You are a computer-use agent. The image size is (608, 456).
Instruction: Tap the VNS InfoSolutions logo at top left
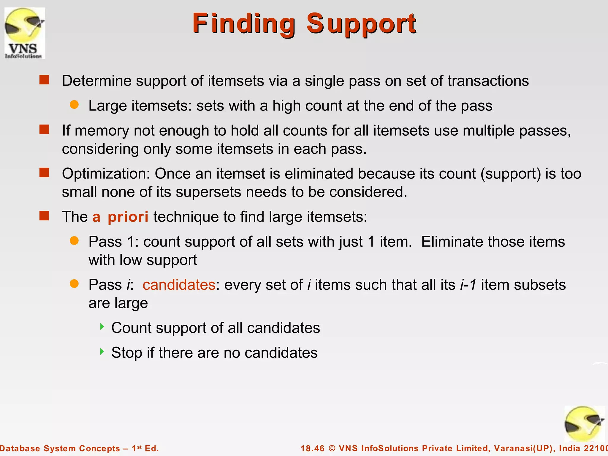click(x=25, y=33)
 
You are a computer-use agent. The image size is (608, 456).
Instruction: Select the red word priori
click(x=128, y=217)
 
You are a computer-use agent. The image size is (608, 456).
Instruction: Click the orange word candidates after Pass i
click(x=179, y=285)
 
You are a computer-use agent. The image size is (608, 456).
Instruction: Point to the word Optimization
click(x=106, y=174)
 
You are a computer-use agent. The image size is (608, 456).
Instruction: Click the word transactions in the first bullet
click(x=488, y=81)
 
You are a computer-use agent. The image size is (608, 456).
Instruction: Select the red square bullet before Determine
click(x=44, y=80)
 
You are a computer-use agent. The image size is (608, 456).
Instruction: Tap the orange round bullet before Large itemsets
click(x=74, y=104)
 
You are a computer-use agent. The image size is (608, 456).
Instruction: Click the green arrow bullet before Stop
click(x=102, y=352)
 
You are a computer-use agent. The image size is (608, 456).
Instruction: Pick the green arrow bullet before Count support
click(x=102, y=327)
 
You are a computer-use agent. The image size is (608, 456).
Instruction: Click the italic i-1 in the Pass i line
click(x=468, y=285)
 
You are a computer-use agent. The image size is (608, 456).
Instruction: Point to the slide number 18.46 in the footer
click(x=313, y=448)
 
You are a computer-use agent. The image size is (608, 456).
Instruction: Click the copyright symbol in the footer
click(x=332, y=448)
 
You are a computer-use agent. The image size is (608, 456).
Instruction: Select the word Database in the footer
click(x=19, y=448)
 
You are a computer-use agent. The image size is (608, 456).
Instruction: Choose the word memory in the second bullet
click(x=102, y=131)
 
